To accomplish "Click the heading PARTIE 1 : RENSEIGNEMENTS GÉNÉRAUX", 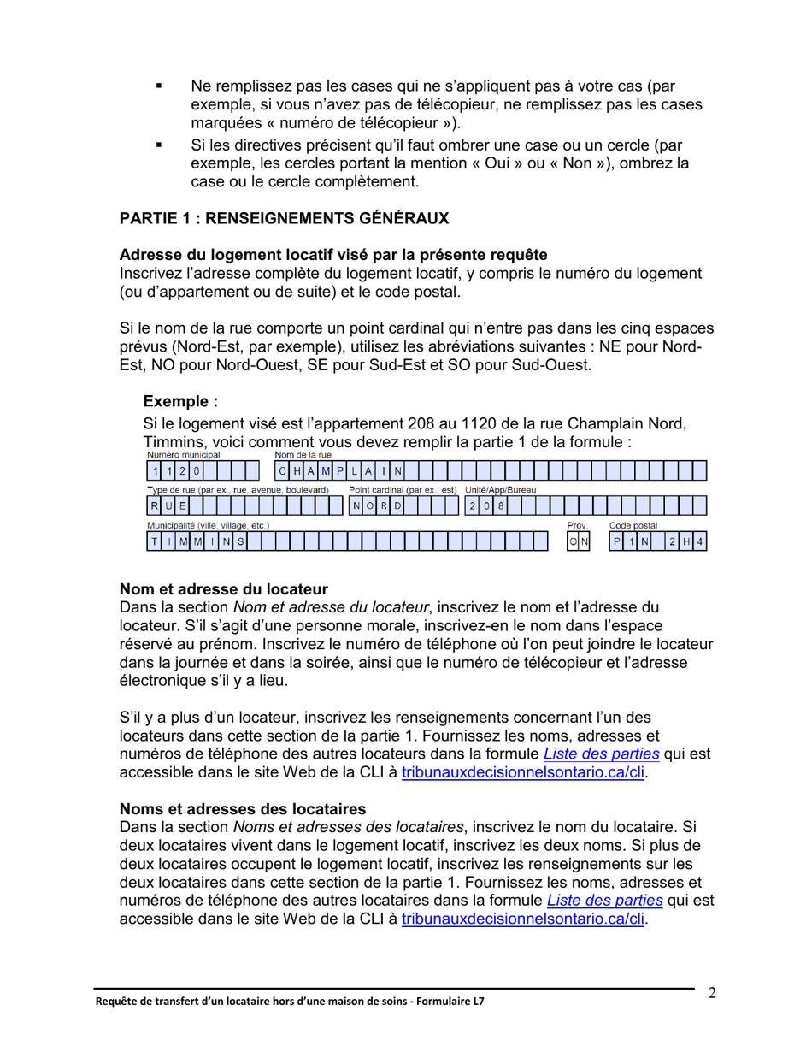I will tap(284, 219).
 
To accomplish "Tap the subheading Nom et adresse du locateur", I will tap(224, 589).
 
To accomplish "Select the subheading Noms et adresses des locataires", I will tap(243, 808).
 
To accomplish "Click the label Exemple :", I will tap(180, 401).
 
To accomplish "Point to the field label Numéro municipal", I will tap(183, 455).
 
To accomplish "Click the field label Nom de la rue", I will tap(303, 455).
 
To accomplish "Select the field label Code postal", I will tap(633, 524).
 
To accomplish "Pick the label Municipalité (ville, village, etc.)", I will tap(209, 524).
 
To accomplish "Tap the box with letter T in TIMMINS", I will tap(155, 541).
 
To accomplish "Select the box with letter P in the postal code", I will tap(616, 541).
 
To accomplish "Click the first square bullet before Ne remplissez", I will tap(158, 87).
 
